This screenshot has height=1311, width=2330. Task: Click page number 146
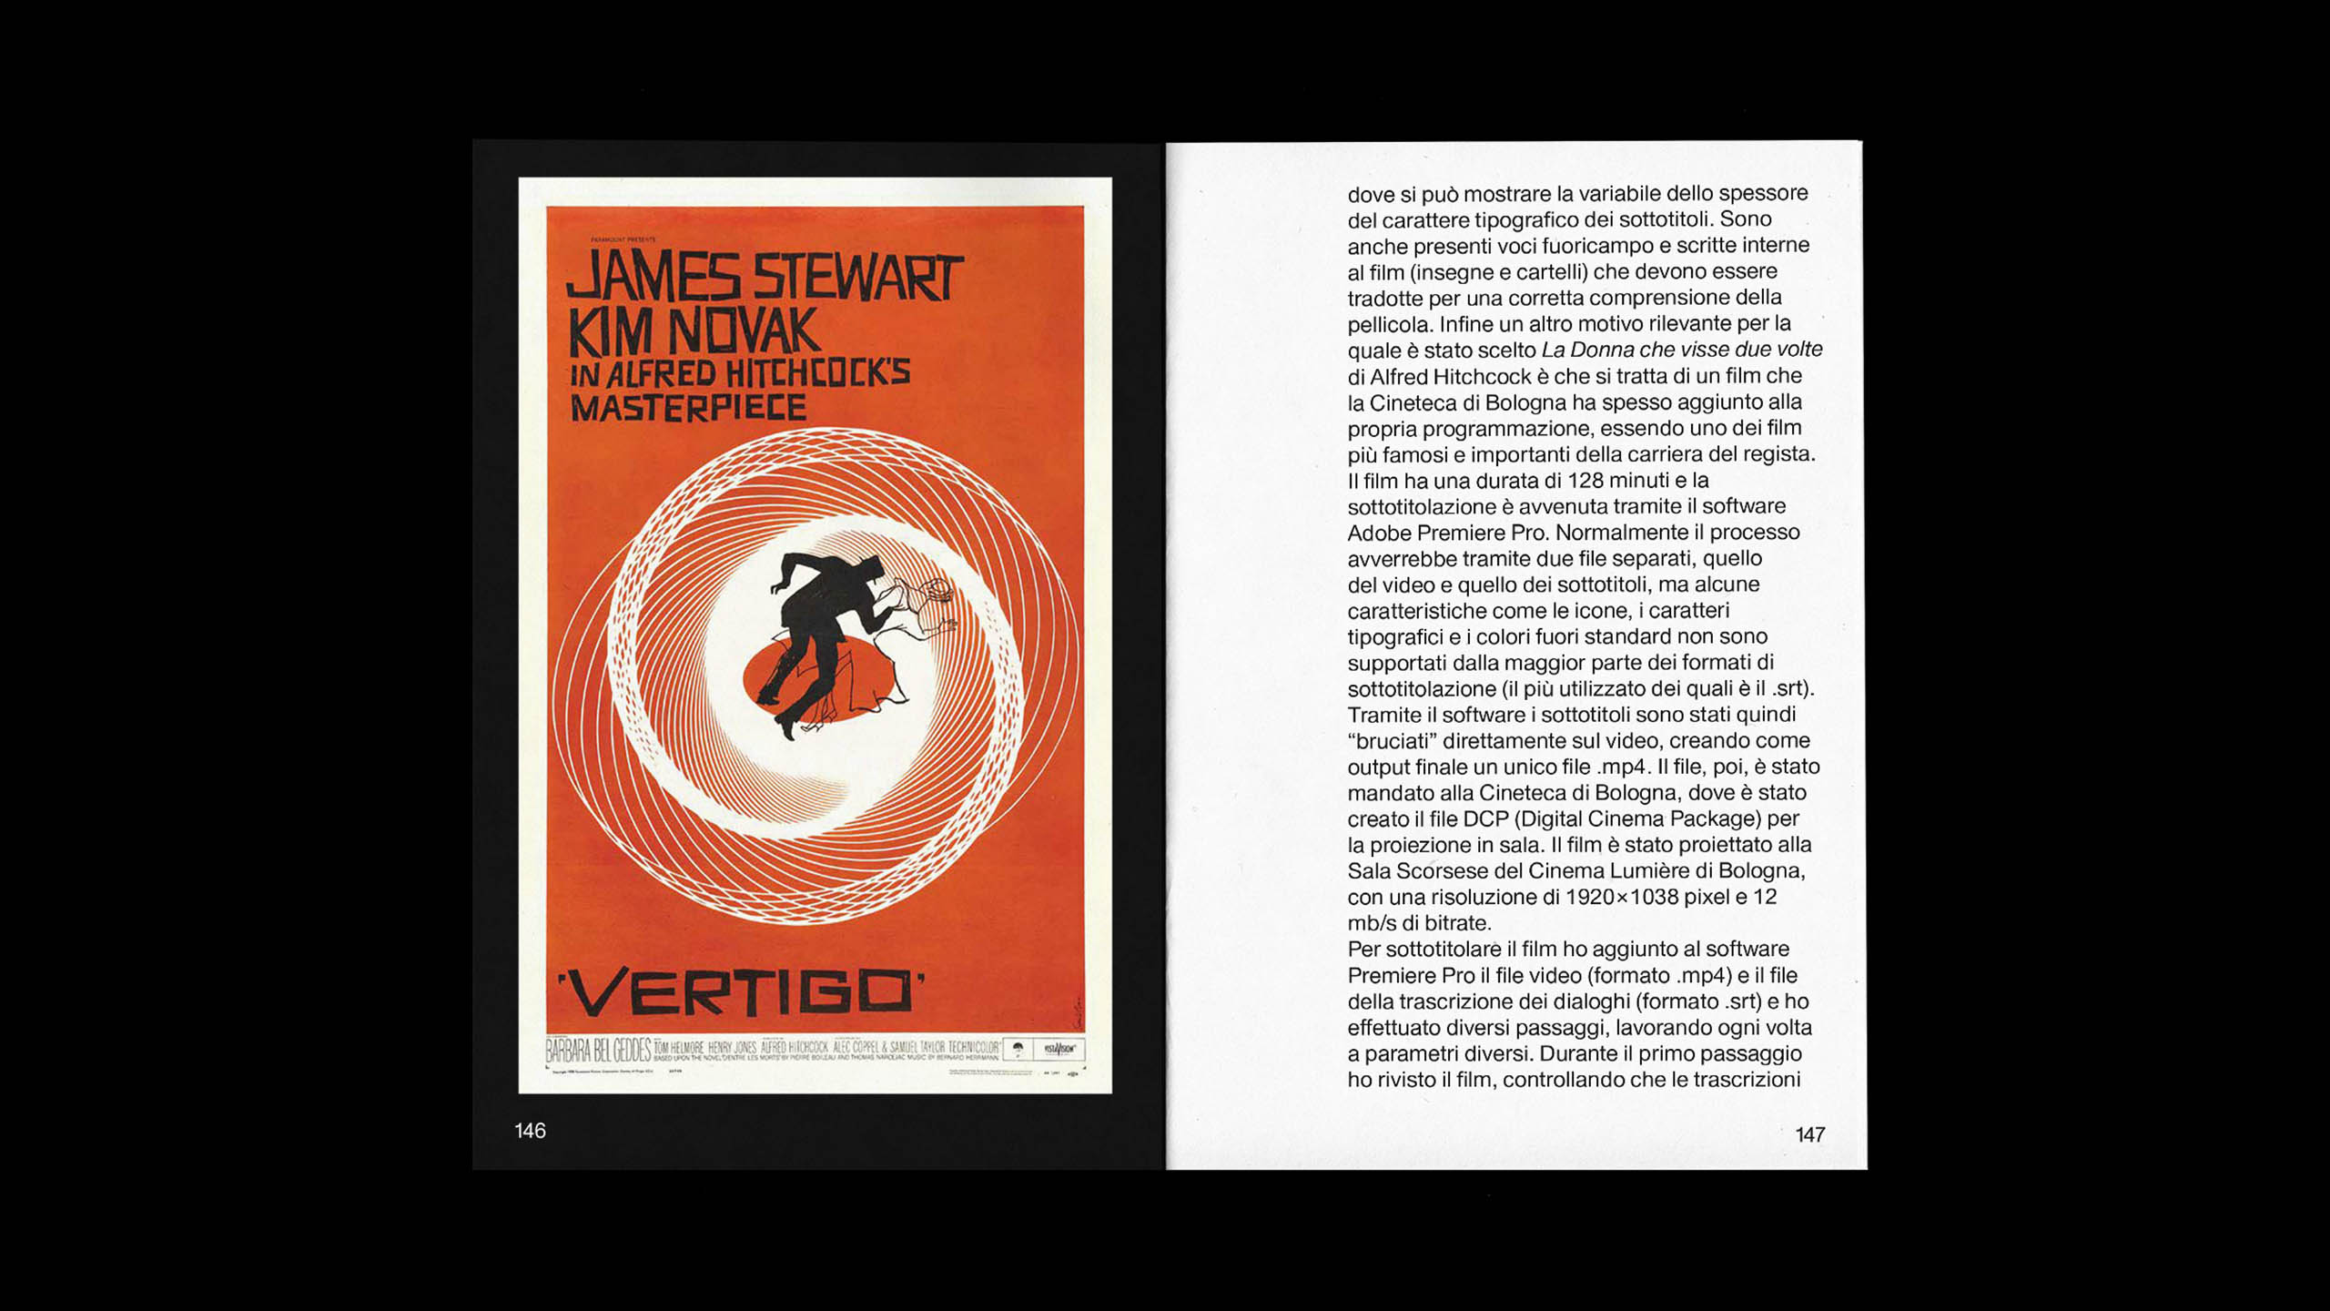[x=530, y=1131]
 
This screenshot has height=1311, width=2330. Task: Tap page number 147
[x=1809, y=1134]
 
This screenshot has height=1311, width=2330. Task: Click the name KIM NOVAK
[x=694, y=332]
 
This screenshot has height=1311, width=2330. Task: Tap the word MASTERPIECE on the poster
[x=688, y=407]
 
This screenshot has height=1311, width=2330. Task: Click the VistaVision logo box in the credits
[x=1059, y=1049]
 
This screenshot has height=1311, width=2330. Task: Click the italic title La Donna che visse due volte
[x=1682, y=350]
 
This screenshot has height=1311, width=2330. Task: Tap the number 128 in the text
[x=1592, y=480]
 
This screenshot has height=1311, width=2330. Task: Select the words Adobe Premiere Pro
[x=1447, y=533]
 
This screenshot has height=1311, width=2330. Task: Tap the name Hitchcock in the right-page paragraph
[x=1485, y=376]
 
